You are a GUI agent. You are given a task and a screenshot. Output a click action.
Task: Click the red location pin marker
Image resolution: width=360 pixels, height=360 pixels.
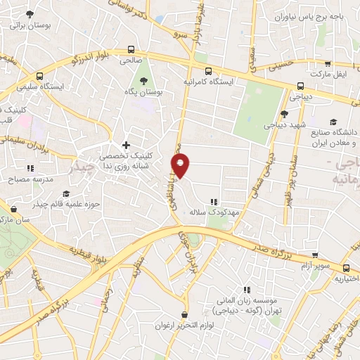click(181, 167)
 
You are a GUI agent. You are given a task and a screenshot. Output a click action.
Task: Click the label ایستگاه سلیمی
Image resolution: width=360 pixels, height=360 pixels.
click(60, 86)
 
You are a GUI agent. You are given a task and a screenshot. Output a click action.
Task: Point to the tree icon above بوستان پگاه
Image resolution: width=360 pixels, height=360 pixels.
click(145, 80)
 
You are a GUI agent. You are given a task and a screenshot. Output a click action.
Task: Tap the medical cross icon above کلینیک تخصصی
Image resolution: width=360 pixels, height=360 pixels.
click(126, 145)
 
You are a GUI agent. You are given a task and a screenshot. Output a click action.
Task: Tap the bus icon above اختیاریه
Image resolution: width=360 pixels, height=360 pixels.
click(346, 268)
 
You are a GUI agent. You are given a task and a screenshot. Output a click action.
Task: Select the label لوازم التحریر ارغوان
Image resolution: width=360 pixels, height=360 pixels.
click(184, 326)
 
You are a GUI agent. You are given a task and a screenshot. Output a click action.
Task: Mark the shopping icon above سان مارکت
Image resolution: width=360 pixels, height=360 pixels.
click(13, 208)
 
